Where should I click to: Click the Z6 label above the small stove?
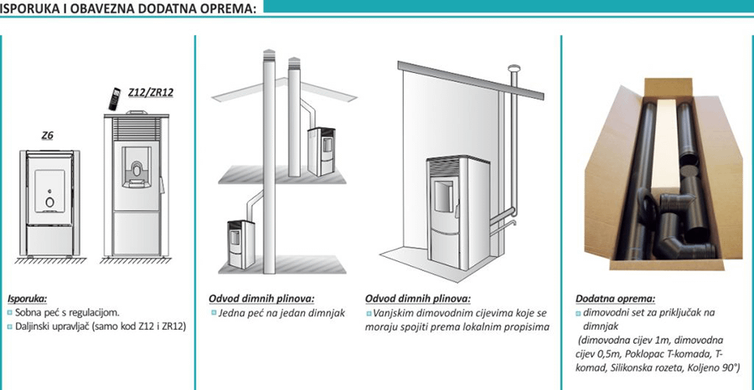47,135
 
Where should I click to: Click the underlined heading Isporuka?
27,298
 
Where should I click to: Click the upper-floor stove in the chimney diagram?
319,151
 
